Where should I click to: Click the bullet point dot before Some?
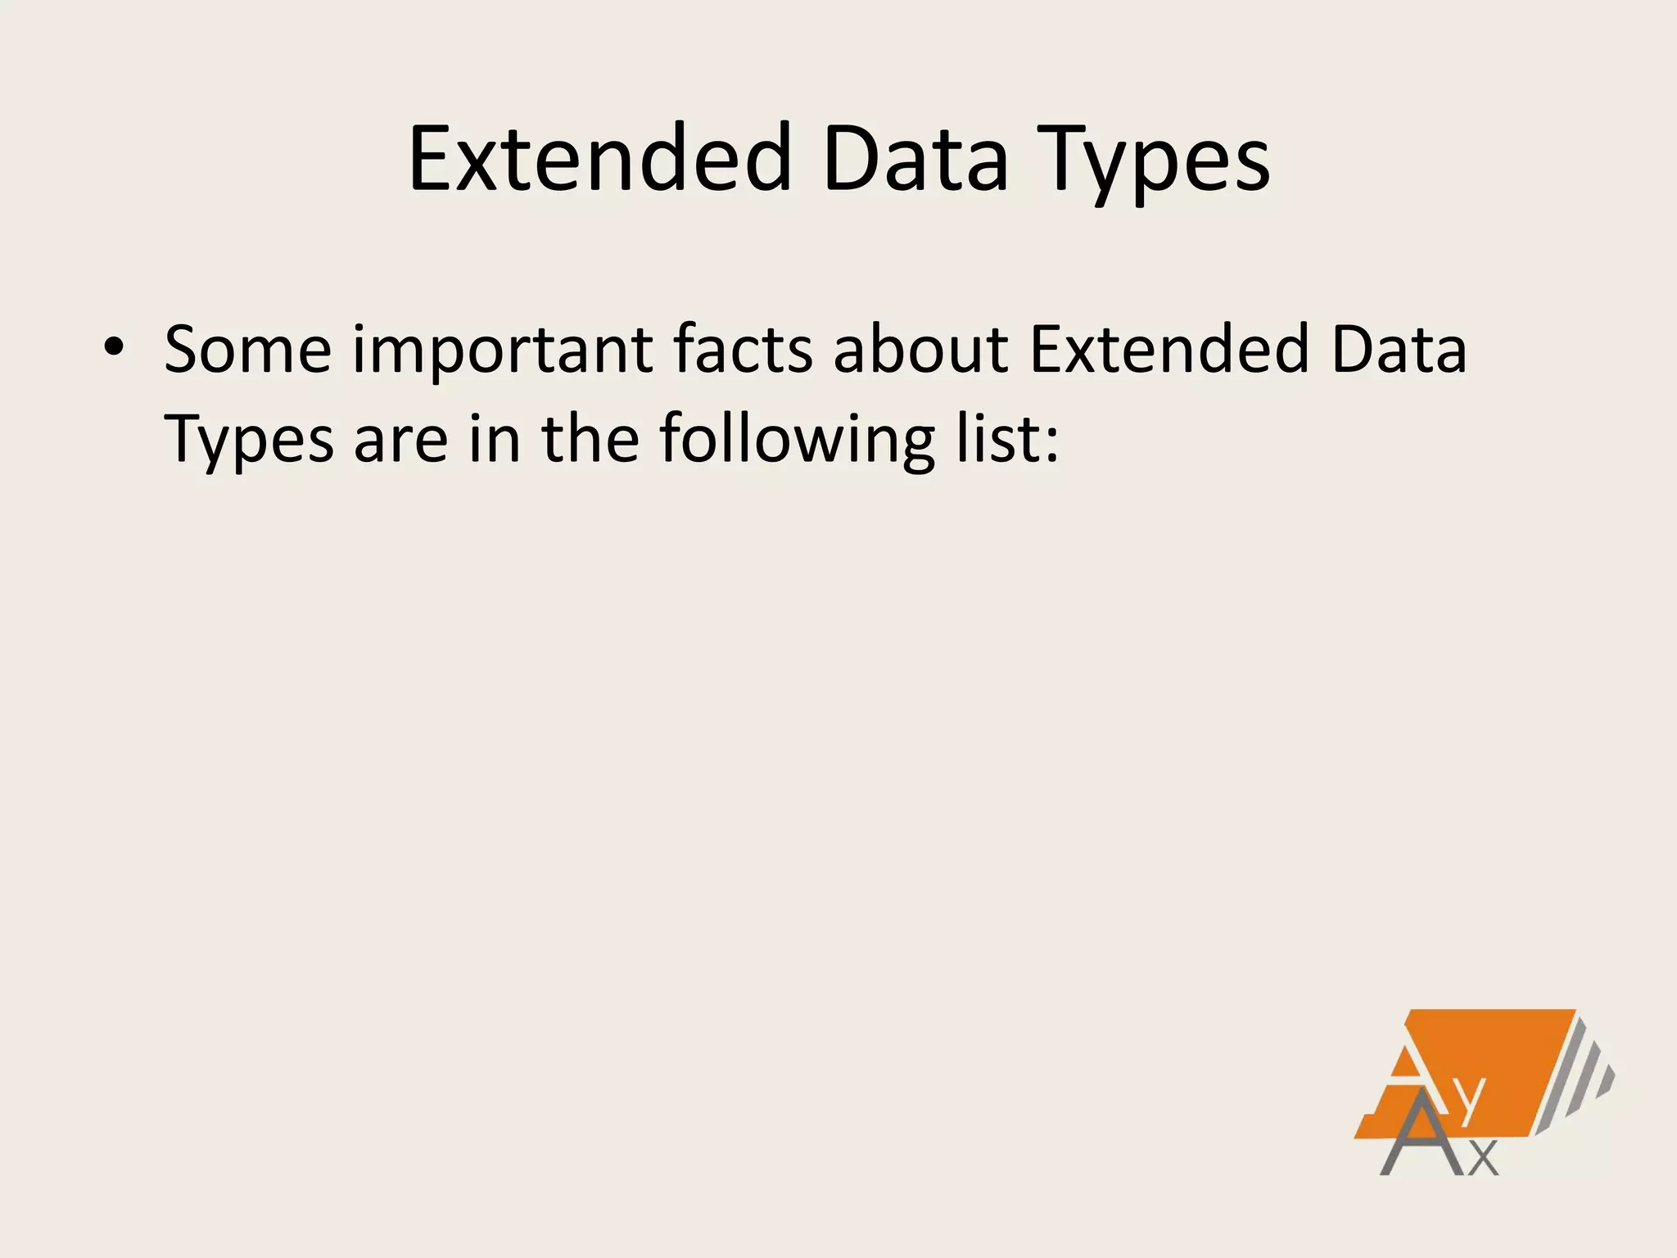[114, 349]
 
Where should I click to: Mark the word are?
[400, 441]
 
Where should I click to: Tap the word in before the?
[495, 439]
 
